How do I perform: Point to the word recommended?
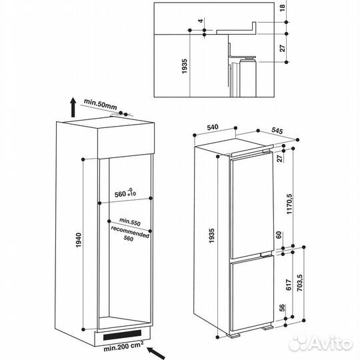(131, 231)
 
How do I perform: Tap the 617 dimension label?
(288, 285)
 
